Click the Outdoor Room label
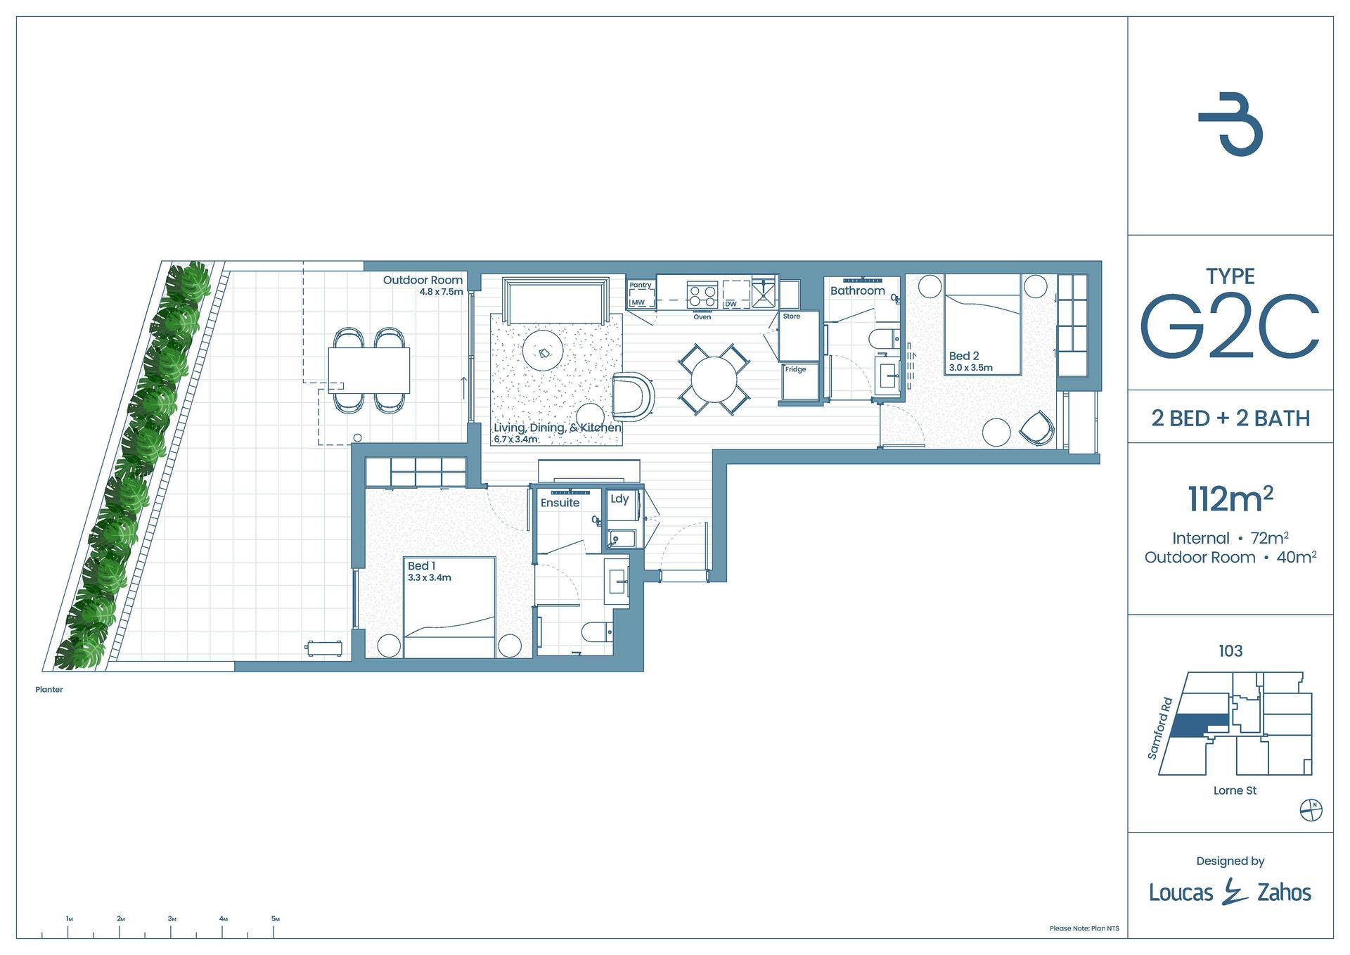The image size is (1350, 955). pyautogui.click(x=423, y=280)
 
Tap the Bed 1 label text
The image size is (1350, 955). pyautogui.click(x=421, y=565)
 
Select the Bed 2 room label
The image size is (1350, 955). pyautogui.click(x=964, y=356)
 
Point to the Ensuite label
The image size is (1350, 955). pyautogui.click(x=560, y=503)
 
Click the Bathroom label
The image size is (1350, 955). pyautogui.click(x=857, y=290)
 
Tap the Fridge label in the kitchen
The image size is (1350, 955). pyautogui.click(x=795, y=369)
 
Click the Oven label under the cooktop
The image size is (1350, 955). pyautogui.click(x=702, y=317)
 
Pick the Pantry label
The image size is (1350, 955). pyautogui.click(x=640, y=285)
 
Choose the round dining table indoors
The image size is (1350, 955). pyautogui.click(x=714, y=380)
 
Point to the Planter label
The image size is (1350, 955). pyautogui.click(x=49, y=690)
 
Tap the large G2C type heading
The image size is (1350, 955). pyautogui.click(x=1229, y=328)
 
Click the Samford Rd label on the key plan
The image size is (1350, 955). pyautogui.click(x=1160, y=728)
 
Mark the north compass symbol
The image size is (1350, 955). pyautogui.click(x=1311, y=810)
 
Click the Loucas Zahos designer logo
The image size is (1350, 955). pyautogui.click(x=1230, y=892)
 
